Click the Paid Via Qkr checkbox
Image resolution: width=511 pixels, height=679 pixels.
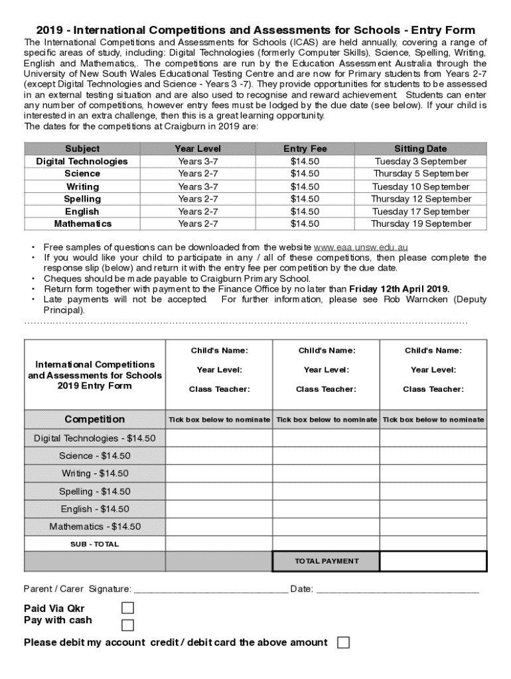pyautogui.click(x=127, y=608)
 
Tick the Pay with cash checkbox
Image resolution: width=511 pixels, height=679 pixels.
pyautogui.click(x=127, y=625)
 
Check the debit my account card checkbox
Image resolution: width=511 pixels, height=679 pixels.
pyautogui.click(x=343, y=643)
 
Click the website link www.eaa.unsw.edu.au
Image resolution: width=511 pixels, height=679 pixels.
pyautogui.click(x=360, y=247)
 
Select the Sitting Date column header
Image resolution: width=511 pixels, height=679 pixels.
pyautogui.click(x=421, y=149)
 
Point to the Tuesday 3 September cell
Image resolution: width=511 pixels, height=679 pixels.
pyautogui.click(x=421, y=162)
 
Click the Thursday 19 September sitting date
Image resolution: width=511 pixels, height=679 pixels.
pyautogui.click(x=421, y=224)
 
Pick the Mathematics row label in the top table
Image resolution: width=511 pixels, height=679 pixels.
pyautogui.click(x=83, y=224)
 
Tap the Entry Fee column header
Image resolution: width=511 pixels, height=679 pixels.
pyautogui.click(x=305, y=149)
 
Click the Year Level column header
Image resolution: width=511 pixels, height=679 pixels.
pyautogui.click(x=198, y=149)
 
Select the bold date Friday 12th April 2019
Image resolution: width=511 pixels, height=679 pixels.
pyautogui.click(x=399, y=289)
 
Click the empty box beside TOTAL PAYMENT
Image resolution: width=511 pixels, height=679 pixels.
pyautogui.click(x=433, y=561)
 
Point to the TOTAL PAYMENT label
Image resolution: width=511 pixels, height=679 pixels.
pyautogui.click(x=327, y=561)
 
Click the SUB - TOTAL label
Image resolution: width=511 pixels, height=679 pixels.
pyautogui.click(x=95, y=544)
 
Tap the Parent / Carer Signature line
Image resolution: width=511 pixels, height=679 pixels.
pyautogui.click(x=210, y=589)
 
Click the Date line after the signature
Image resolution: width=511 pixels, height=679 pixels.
pyautogui.click(x=398, y=589)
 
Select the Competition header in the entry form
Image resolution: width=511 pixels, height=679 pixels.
pyautogui.click(x=95, y=419)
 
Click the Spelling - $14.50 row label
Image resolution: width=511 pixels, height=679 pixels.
pyautogui.click(x=95, y=491)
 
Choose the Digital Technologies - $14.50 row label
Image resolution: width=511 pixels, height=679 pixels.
pyautogui.click(x=95, y=438)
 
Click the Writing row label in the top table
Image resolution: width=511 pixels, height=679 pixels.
pyautogui.click(x=83, y=187)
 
